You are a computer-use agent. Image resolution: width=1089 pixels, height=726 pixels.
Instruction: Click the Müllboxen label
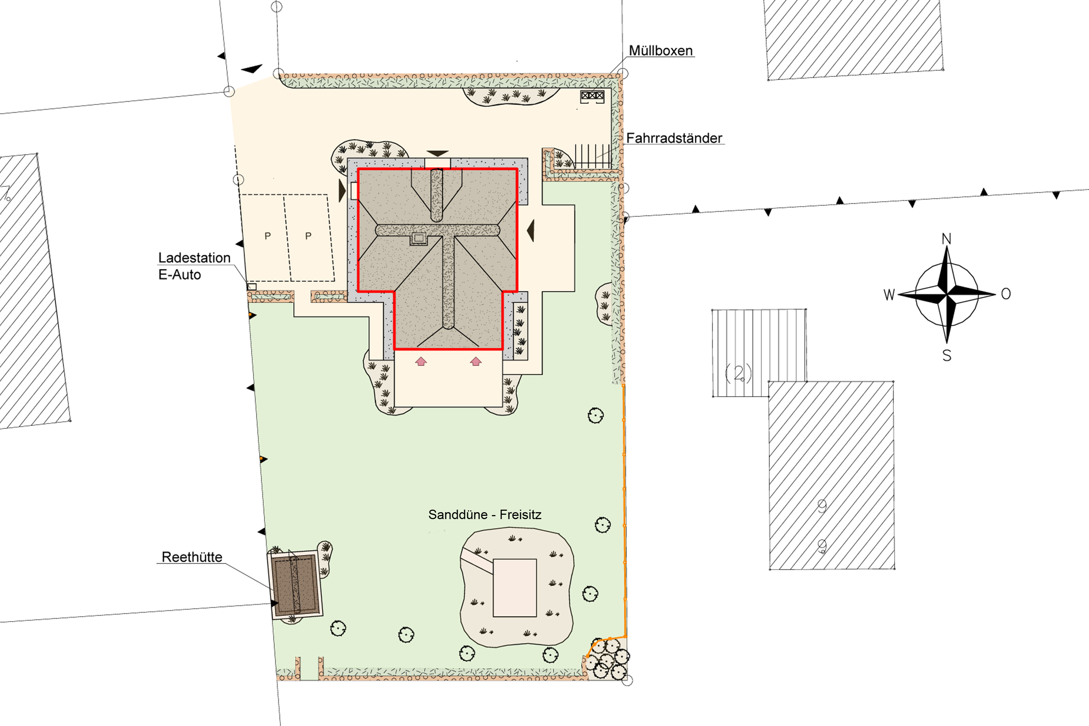point(660,50)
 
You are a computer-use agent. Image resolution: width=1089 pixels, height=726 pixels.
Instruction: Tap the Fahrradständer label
point(674,138)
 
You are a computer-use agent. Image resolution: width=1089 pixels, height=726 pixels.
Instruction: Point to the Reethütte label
point(192,556)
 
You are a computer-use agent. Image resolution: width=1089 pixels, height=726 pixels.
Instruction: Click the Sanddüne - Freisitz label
point(485,514)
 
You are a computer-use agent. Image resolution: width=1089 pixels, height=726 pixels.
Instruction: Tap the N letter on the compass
point(946,239)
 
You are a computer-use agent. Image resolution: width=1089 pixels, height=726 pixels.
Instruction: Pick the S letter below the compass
point(947,356)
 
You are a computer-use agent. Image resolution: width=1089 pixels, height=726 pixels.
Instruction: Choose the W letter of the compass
point(889,295)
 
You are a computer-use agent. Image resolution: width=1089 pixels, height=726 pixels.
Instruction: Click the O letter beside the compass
point(1006,294)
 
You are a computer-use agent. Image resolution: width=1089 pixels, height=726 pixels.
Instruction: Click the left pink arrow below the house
point(421,361)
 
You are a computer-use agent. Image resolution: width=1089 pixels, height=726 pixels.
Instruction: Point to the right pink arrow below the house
point(476,361)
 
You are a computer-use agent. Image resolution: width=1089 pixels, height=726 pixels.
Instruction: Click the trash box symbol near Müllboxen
point(592,96)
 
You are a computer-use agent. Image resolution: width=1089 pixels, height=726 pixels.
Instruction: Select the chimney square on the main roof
point(419,238)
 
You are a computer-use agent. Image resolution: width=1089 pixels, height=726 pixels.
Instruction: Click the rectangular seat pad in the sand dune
point(514,588)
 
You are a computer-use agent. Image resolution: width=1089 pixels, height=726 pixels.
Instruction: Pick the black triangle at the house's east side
point(531,231)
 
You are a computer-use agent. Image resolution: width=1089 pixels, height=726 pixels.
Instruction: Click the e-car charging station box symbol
point(252,287)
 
